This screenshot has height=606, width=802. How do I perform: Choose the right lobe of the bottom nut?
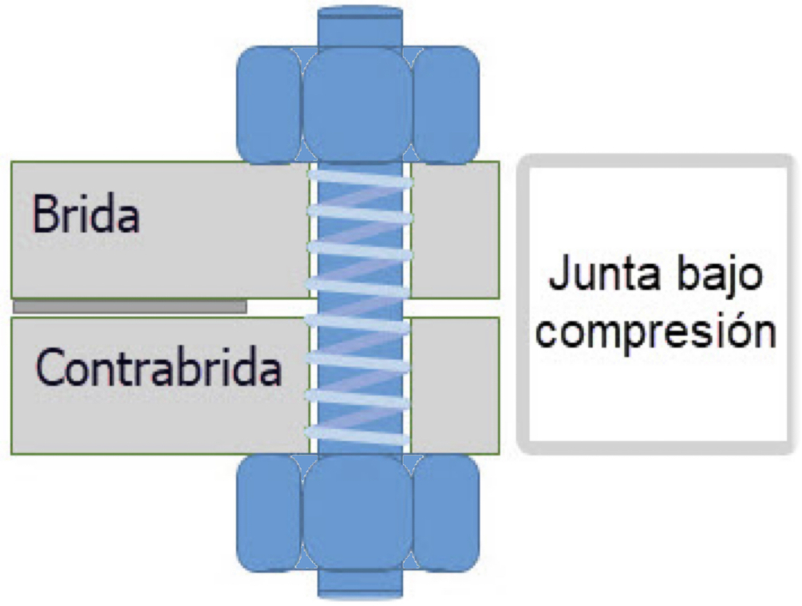click(x=446, y=511)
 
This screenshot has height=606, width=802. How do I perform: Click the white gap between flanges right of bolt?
click(x=456, y=308)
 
